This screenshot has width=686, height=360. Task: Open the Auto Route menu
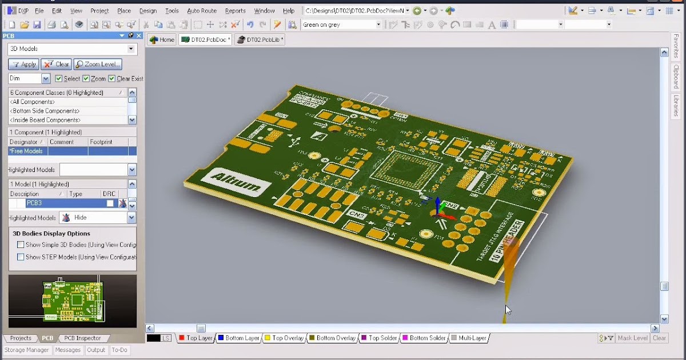202,11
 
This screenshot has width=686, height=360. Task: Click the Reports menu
235,11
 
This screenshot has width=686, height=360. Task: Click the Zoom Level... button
98,65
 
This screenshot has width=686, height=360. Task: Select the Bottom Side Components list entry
45,111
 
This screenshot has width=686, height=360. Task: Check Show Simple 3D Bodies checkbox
21,245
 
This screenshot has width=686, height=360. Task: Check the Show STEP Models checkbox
21,257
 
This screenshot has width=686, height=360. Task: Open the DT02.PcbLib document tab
260,39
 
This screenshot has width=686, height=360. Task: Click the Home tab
162,39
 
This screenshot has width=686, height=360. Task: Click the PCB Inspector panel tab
82,338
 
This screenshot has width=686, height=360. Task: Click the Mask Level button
632,338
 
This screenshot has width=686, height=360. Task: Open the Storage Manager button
26,350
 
